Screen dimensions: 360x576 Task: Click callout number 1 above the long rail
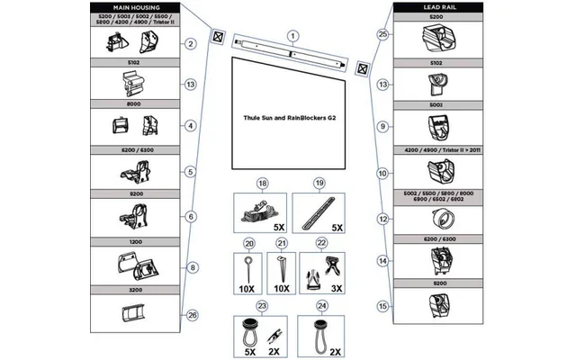[x=292, y=34]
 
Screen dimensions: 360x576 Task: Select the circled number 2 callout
[x=191, y=43]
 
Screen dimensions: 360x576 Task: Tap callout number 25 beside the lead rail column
[x=382, y=34]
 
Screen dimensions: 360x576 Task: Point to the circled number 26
[x=191, y=314]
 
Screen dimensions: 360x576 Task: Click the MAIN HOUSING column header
[x=133, y=7]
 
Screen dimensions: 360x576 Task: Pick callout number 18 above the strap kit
[x=263, y=183]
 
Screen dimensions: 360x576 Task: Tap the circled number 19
[x=319, y=183]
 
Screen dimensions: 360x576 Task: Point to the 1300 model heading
[x=133, y=243]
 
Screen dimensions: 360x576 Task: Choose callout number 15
[x=382, y=306]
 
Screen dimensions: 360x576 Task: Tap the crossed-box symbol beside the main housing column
[x=217, y=39]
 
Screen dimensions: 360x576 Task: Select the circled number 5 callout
[x=191, y=171]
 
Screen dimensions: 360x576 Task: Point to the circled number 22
[x=321, y=244]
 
